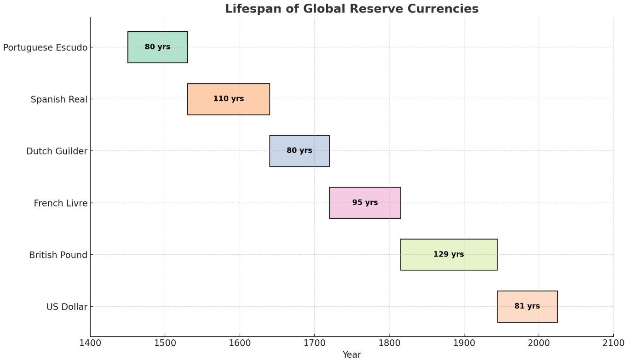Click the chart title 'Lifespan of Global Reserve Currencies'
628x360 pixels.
(x=351, y=9)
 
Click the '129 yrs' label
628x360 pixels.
(x=449, y=254)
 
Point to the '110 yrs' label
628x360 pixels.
(x=228, y=99)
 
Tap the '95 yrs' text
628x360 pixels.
(x=365, y=202)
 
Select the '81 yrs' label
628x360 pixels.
(x=527, y=306)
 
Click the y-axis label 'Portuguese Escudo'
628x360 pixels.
(x=45, y=47)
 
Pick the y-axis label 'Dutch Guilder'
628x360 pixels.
(x=57, y=151)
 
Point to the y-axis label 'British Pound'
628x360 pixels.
(x=58, y=255)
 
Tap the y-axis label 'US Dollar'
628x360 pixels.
(x=67, y=307)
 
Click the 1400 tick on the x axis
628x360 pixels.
(x=90, y=343)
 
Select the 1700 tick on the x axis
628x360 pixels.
(x=314, y=343)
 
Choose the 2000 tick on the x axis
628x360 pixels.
(x=539, y=343)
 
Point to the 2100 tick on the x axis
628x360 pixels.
(x=613, y=343)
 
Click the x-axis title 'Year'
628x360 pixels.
(x=351, y=354)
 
